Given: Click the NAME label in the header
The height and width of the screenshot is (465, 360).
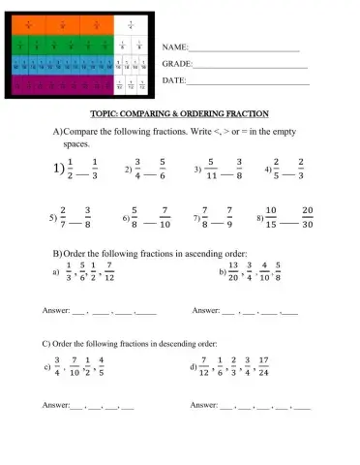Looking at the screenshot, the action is tap(173, 46).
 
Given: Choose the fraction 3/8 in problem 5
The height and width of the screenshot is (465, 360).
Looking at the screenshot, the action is tap(88, 218).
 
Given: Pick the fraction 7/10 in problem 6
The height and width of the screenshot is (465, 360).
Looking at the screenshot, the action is tap(165, 218).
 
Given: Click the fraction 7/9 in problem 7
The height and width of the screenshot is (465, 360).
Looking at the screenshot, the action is tap(228, 218).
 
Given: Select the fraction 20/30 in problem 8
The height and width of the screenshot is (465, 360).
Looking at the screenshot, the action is tap(309, 218).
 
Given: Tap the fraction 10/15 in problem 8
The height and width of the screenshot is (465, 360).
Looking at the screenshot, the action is tap(272, 218).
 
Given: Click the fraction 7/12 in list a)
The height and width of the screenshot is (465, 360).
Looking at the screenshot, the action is tap(110, 273).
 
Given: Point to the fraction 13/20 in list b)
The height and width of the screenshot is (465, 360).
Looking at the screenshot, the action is tap(233, 273).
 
